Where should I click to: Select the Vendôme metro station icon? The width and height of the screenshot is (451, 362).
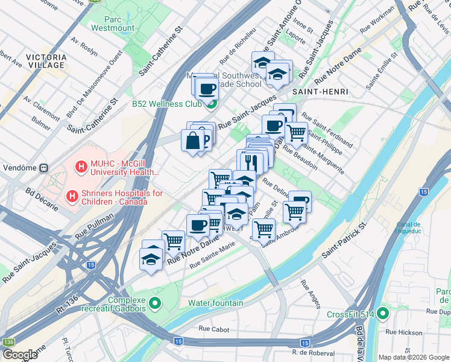(43, 167)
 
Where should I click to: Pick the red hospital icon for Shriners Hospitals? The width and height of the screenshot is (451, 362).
(72, 196)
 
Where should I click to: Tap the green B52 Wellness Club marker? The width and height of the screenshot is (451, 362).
(210, 104)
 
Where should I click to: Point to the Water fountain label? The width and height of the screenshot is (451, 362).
(215, 302)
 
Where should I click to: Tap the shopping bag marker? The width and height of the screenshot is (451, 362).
(192, 141)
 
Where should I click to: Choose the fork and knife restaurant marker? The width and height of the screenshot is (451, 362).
(252, 161)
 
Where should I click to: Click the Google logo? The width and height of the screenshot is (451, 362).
(20, 354)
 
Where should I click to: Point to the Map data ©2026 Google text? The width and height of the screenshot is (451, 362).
(413, 357)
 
